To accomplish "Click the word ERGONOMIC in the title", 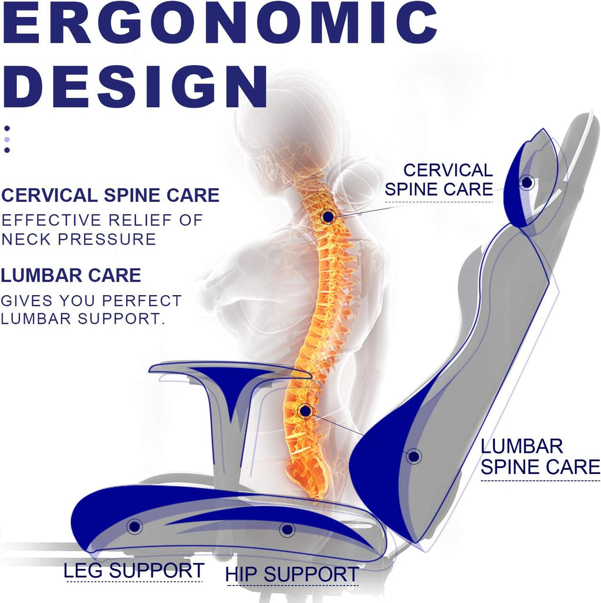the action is point(220,22).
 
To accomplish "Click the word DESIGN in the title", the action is point(134,86).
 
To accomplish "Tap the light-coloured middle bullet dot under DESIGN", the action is point(7,140).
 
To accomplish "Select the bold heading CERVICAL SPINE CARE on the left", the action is point(110,195).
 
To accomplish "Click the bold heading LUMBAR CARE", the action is point(71,275).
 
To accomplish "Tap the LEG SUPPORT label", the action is point(133,570).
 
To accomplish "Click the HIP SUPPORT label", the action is point(292,574).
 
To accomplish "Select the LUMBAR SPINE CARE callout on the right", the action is point(540,456).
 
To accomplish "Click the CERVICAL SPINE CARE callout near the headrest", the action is point(439,179).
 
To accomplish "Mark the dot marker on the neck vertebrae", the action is point(328,217).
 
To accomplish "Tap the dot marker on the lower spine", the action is point(306,411).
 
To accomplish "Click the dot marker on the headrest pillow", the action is point(526,182).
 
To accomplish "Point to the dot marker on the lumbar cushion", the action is point(414,456).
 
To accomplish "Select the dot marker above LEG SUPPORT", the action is point(134,527).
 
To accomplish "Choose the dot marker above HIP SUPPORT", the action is point(287,530).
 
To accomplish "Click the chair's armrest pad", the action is point(229,370).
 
